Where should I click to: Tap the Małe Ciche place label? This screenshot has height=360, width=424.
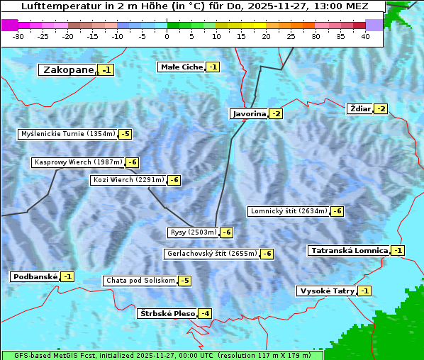point(182,67)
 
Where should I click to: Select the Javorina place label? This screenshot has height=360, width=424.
point(249,113)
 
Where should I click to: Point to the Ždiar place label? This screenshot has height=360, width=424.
point(360,108)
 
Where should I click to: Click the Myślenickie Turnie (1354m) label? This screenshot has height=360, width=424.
point(67,133)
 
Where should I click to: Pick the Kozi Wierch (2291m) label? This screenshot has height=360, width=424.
point(128,180)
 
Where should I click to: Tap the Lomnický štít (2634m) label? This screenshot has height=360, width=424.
point(289,211)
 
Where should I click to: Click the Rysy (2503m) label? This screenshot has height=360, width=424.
point(193,232)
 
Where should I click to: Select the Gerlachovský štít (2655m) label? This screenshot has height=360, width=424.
point(211,254)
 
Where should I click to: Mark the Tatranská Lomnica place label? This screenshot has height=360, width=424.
point(349,250)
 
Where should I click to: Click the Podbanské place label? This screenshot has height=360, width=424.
point(35,276)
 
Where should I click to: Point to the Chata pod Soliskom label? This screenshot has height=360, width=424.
point(140,281)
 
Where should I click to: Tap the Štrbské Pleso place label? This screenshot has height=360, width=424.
point(167,313)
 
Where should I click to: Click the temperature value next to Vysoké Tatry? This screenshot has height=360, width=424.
point(364,291)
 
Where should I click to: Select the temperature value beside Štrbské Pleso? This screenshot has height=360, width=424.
point(205,313)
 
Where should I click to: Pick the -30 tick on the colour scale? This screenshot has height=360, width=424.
point(18,35)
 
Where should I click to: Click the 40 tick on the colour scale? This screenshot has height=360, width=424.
point(365,35)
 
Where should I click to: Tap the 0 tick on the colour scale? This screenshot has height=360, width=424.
point(167,35)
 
